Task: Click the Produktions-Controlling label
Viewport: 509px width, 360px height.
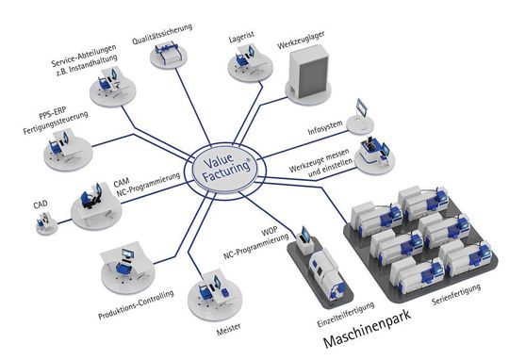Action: coord(136,307)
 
